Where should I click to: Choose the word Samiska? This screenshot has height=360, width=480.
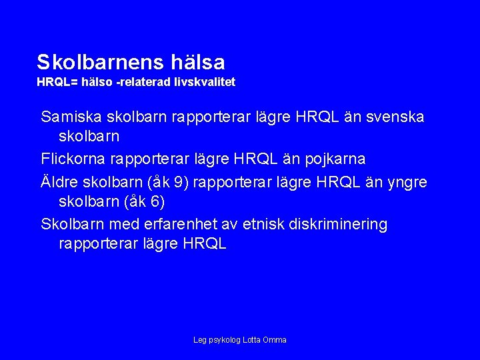(70, 117)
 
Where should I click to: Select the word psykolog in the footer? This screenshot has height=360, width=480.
(225, 340)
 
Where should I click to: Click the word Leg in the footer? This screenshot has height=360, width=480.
(200, 340)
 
